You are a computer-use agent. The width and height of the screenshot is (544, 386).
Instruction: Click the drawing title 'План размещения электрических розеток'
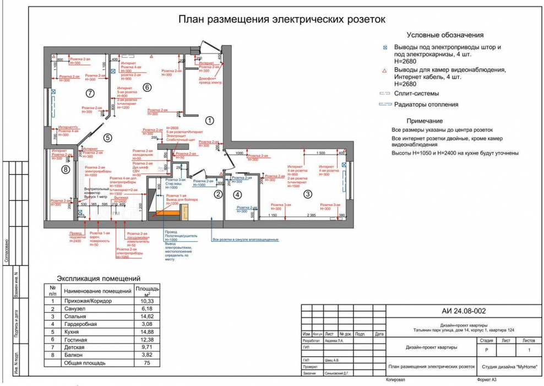[x=281, y=20]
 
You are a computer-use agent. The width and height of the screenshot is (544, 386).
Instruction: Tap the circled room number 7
[x=90, y=93]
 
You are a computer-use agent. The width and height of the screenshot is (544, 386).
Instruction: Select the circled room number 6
[x=146, y=87]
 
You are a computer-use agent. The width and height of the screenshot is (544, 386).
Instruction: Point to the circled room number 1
[x=209, y=119]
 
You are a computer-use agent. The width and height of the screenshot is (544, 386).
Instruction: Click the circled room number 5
[x=108, y=138]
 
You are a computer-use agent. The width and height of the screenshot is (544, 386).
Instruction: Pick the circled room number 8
[x=66, y=170]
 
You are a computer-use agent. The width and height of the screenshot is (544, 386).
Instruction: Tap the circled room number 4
[x=237, y=194]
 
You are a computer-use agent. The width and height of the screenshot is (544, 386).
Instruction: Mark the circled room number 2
[x=218, y=194]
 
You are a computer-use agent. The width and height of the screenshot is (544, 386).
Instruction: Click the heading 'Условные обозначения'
[x=445, y=35]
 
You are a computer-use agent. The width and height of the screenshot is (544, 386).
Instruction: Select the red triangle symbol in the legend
[x=385, y=71]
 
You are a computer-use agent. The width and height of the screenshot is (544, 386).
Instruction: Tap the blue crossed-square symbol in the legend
[x=385, y=48]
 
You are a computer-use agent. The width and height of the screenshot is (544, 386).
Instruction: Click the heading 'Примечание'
[x=425, y=121]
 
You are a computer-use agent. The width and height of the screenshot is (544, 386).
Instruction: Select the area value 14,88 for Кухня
[x=146, y=332]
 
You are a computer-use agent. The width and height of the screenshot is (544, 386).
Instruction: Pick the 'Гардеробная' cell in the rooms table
[x=80, y=324]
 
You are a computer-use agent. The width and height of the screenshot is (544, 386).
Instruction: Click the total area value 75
[x=146, y=363]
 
